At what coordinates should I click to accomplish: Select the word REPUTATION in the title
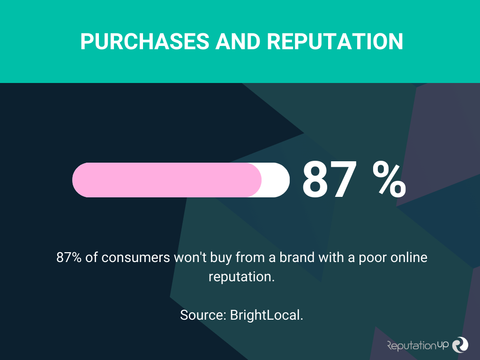335,41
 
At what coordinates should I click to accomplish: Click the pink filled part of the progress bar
167,180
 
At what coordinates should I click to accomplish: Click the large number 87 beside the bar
330,180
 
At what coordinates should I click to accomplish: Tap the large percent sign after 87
389,180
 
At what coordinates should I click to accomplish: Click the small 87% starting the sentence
69,257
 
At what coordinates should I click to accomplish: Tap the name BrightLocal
267,315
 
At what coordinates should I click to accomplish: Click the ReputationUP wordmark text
418,345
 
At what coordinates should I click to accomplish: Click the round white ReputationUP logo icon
460,345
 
